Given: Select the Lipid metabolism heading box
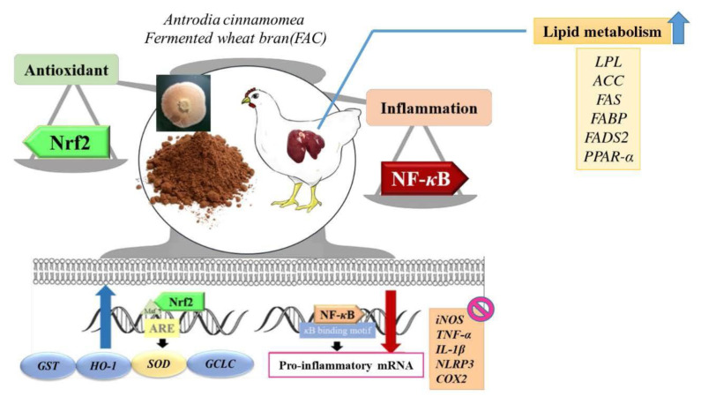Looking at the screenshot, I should coord(600,33).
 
